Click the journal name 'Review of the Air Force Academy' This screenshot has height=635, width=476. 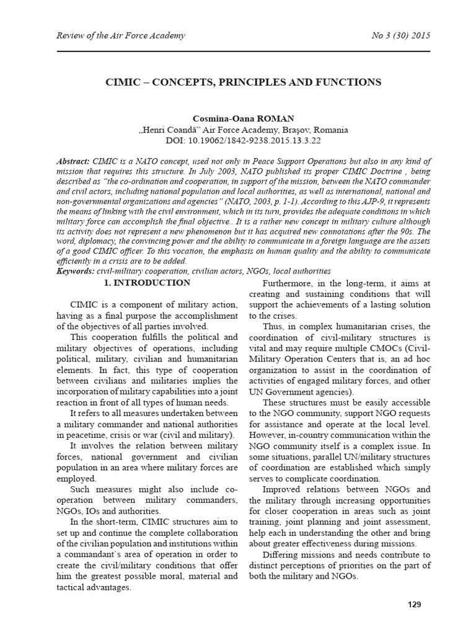tap(112, 35)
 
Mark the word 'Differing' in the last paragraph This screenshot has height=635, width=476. tap(283, 554)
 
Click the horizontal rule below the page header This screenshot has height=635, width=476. tap(238, 51)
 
